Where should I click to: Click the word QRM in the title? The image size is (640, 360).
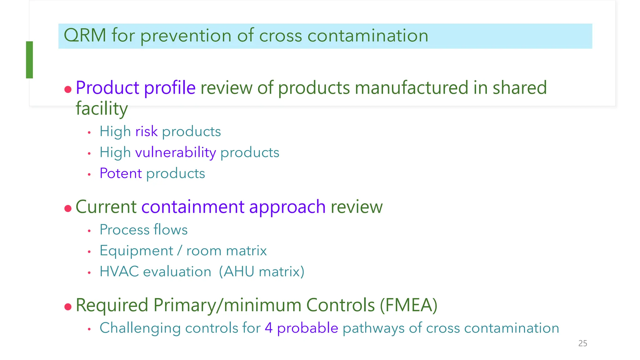coord(85,35)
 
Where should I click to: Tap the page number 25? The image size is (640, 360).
coord(582,343)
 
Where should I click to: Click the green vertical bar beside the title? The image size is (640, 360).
coord(29,60)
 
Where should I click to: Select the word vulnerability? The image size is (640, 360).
coord(175,153)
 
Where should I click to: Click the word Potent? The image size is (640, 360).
coord(121,173)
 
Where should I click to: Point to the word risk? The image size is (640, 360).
coord(146,132)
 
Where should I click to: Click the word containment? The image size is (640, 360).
coord(192,207)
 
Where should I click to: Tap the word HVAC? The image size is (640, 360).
coord(119,272)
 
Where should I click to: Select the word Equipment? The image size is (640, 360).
coord(136,251)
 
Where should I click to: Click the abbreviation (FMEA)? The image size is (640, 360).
coord(408,305)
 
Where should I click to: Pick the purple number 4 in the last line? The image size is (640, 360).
coord(268,328)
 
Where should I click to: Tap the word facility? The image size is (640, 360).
coord(102,109)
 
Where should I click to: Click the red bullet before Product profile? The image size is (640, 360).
coord(68,90)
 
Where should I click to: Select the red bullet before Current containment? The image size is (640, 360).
coord(68,208)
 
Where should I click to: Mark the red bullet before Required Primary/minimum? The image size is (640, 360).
coord(68,307)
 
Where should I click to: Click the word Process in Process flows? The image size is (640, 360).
coord(124,230)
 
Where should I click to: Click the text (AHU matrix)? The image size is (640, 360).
coord(261,272)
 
